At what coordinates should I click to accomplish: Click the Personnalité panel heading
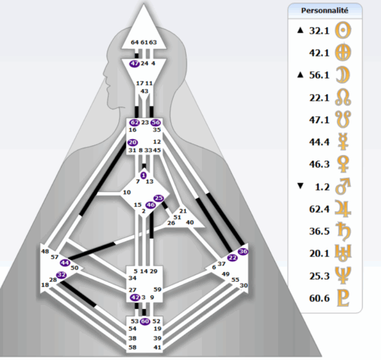click(x=324, y=11)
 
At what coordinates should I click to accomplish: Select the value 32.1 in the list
click(x=317, y=30)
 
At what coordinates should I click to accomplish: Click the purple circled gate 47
click(x=135, y=63)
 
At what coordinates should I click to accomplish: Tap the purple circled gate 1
click(x=143, y=175)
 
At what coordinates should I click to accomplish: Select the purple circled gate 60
click(x=145, y=321)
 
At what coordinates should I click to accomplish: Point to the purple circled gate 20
click(x=132, y=142)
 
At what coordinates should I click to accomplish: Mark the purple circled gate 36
click(x=243, y=251)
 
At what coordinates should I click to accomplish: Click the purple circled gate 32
click(x=62, y=274)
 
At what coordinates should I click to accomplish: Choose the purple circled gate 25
click(x=159, y=199)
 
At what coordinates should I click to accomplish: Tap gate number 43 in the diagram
click(x=144, y=91)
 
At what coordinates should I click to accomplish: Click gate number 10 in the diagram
click(x=127, y=192)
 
